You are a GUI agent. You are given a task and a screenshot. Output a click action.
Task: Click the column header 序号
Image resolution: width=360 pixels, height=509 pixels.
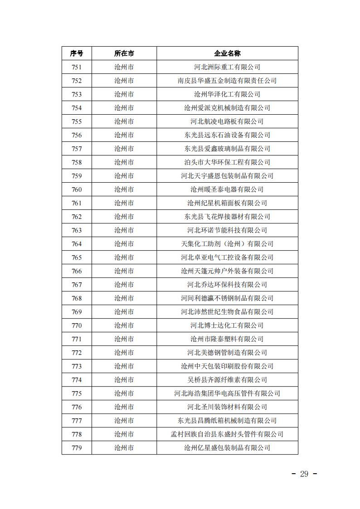pyautogui.click(x=77, y=53)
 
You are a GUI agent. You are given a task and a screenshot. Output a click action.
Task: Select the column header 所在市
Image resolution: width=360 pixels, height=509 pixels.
pyautogui.click(x=124, y=53)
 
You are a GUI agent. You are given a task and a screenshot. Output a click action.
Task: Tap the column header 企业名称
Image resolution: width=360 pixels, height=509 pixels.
pyautogui.click(x=227, y=53)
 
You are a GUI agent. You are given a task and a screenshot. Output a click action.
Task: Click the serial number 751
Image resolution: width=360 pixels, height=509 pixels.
pyautogui.click(x=77, y=67)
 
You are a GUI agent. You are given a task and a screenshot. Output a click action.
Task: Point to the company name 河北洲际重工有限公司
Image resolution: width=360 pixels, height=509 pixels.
pyautogui.click(x=227, y=67)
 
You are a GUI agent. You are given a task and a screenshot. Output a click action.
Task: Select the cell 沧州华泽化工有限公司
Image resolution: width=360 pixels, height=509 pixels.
pyautogui.click(x=227, y=94)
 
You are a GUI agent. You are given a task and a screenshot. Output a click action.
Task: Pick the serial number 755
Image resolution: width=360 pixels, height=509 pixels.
pyautogui.click(x=77, y=121)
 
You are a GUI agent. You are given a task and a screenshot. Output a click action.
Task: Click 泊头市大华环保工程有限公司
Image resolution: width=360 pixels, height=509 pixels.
pyautogui.click(x=227, y=162)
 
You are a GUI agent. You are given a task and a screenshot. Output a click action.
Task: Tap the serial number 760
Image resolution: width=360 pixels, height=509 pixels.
pyautogui.click(x=77, y=189)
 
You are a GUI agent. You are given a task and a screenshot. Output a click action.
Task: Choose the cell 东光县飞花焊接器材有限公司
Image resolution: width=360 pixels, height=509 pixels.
pyautogui.click(x=227, y=217)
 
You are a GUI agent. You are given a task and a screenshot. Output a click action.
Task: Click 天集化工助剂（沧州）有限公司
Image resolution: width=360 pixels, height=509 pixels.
pyautogui.click(x=227, y=244)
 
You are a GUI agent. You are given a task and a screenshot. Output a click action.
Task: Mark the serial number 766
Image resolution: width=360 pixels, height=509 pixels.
pyautogui.click(x=77, y=271)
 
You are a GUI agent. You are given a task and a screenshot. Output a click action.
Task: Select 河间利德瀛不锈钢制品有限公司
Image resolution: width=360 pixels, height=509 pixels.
pyautogui.click(x=227, y=298)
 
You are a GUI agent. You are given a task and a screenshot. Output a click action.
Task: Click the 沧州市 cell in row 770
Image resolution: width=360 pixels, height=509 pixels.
pyautogui.click(x=124, y=325)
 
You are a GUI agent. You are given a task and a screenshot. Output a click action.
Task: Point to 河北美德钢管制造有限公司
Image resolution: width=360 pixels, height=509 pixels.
pyautogui.click(x=227, y=353)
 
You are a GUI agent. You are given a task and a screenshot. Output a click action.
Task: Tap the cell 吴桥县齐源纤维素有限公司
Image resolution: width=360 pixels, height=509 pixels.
pyautogui.click(x=227, y=380)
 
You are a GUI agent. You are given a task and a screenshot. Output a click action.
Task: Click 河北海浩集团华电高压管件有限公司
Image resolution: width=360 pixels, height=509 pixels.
pyautogui.click(x=227, y=393)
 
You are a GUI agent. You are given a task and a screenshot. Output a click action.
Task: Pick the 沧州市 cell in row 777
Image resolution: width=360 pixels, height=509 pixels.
pyautogui.click(x=124, y=421)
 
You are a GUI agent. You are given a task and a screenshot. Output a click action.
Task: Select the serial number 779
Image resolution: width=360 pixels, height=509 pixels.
pyautogui.click(x=77, y=448)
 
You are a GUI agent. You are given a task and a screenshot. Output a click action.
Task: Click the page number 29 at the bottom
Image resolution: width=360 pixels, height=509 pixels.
pyautogui.click(x=304, y=474)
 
